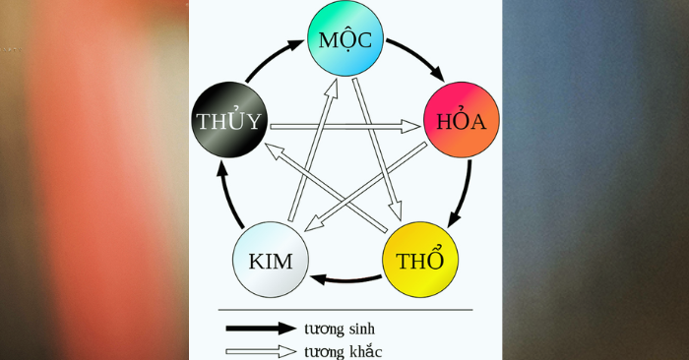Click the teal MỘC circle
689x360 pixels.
coord(345,38)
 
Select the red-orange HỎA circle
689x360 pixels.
coord(462,119)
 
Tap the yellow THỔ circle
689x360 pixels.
coord(420,260)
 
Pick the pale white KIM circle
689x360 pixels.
coord(271,260)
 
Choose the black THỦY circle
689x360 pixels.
coord(229,119)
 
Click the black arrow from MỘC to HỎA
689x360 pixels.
coord(418,55)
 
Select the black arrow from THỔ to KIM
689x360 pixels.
coord(345,279)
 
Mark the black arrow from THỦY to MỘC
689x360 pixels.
coord(273,57)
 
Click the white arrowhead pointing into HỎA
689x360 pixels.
coord(410,127)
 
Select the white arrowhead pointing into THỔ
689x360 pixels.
coord(396,210)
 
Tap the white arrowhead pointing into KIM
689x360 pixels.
coord(315,224)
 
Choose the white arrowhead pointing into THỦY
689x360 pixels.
coord(276,150)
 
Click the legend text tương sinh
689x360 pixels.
coord(340,329)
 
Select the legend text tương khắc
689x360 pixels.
coord(344,352)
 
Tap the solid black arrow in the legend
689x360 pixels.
coord(261,328)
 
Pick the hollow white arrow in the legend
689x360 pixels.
coord(261,351)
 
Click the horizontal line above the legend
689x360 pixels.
coord(345,310)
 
